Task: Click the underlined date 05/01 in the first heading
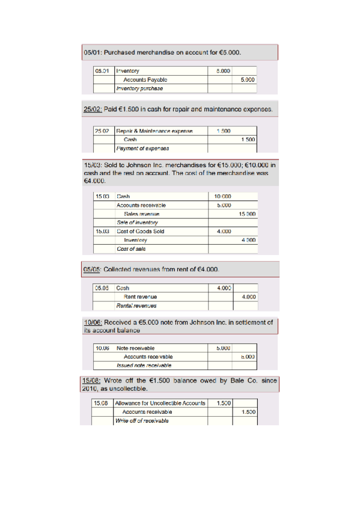pos(91,53)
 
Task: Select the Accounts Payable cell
pos(145,79)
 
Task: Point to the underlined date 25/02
pos(91,110)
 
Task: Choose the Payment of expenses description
pos(142,148)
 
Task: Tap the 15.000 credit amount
pos(248,214)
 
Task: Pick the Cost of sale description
pos(131,248)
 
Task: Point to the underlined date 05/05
pos(92,269)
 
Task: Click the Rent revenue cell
pos(140,296)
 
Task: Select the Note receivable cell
pos(135,348)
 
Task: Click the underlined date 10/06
pos(91,322)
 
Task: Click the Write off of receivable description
pos(142,420)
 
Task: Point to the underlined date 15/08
pos(91,380)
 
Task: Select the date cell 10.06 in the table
pos(101,348)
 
